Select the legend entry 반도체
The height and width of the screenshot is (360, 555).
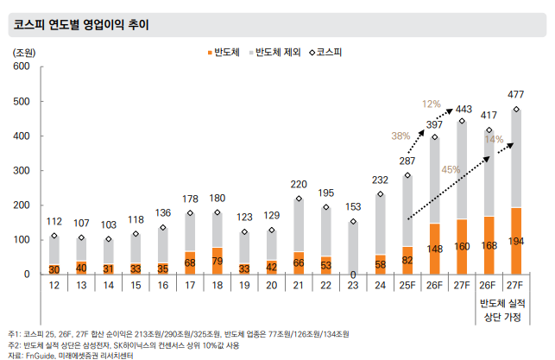click(225, 53)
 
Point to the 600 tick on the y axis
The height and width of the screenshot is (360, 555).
click(22, 66)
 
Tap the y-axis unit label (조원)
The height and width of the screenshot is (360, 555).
click(23, 52)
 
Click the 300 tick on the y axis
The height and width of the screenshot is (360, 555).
click(22, 171)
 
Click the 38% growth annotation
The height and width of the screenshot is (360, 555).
click(400, 136)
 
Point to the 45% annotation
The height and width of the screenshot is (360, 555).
click(451, 170)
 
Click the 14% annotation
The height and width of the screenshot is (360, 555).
click(494, 139)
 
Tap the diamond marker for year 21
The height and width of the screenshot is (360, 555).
click(298, 199)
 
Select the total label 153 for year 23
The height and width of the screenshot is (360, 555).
click(355, 207)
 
